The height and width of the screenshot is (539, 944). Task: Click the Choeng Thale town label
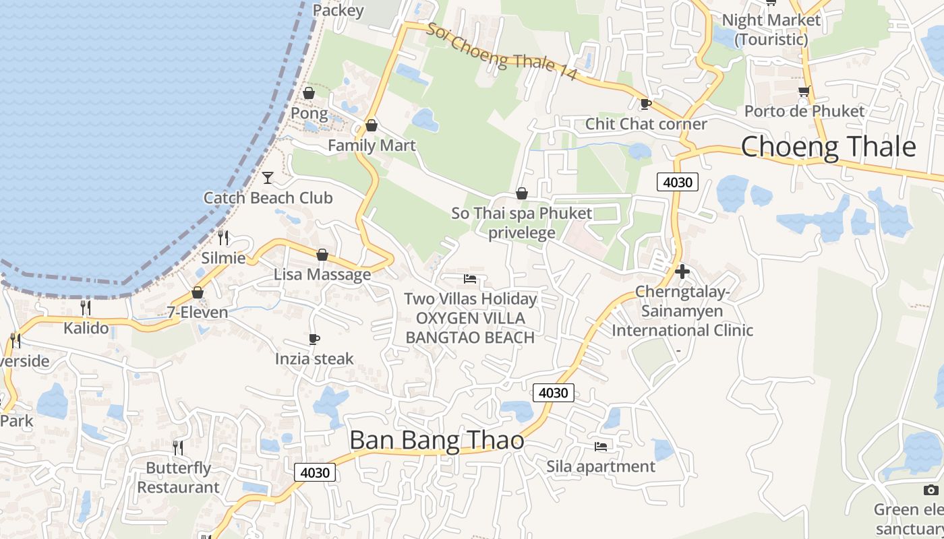coord(828,147)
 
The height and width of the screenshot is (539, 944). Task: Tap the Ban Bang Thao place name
coord(436,440)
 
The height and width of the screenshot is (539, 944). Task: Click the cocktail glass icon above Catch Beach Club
coord(268,178)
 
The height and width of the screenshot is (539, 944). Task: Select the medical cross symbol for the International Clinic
coord(682,272)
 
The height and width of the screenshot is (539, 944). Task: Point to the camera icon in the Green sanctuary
coord(931,490)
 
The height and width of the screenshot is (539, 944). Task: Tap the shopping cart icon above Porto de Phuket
coord(803,91)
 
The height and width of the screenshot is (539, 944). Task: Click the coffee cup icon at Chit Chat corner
coord(645,104)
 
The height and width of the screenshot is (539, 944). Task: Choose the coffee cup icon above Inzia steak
coord(314,339)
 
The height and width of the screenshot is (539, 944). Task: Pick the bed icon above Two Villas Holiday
coord(470,279)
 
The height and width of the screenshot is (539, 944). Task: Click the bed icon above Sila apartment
coord(600,446)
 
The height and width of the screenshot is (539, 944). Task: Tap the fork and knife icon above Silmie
coord(223,238)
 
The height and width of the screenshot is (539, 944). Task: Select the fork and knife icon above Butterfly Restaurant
coord(178,447)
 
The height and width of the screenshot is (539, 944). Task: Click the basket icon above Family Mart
coord(371,126)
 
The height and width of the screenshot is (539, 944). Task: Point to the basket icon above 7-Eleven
coord(198,292)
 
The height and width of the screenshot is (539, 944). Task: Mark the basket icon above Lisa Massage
coord(322,255)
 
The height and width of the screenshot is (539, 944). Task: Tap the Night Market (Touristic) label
coord(771,30)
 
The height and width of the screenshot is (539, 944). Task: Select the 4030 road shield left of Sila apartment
coord(554,392)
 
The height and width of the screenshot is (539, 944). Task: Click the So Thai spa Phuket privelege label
coord(521,223)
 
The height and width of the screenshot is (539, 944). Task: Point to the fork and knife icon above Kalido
coord(86,308)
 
